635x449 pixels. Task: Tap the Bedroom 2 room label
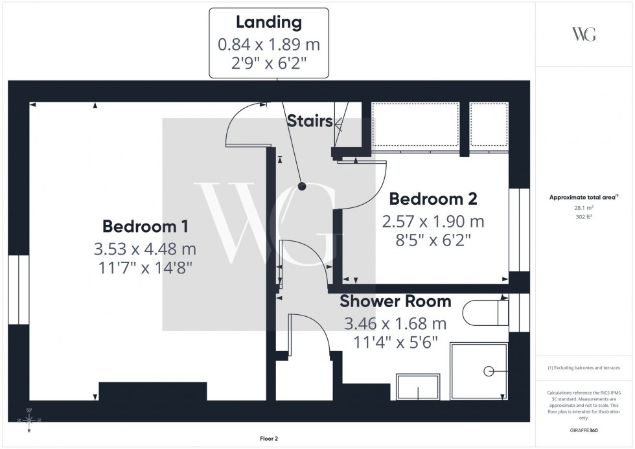(432, 199)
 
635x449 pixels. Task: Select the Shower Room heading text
(395, 301)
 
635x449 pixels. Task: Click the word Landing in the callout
(268, 23)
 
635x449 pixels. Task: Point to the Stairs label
(310, 121)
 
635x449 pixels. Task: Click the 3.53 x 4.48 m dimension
(145, 248)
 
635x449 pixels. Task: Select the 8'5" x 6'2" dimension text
(432, 240)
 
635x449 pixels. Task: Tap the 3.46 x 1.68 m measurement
(395, 323)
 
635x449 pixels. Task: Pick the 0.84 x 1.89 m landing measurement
(268, 45)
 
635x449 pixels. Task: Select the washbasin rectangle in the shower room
(419, 387)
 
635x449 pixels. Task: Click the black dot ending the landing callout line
(302, 187)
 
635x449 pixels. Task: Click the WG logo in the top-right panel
(584, 34)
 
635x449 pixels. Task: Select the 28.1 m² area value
(584, 208)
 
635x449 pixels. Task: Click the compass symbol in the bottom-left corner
(30, 420)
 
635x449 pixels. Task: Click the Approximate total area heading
(583, 198)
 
